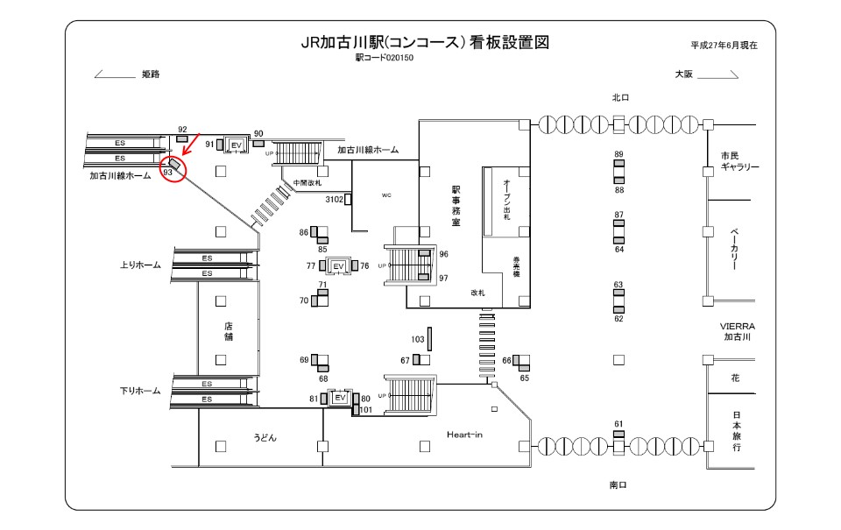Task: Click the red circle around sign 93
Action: [173, 168]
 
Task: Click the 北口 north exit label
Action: [621, 97]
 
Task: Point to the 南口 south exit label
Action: [618, 484]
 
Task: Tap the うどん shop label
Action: [265, 437]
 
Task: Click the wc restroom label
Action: [385, 195]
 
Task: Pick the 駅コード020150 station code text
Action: [384, 58]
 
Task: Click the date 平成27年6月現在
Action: [724, 46]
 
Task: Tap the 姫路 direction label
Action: [150, 74]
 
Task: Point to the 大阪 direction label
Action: [683, 74]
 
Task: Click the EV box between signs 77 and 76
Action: [339, 265]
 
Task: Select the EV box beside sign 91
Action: [235, 145]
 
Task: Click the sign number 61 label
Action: [618, 424]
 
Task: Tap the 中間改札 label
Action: [307, 183]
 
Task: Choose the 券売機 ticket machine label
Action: [517, 265]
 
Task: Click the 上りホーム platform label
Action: [140, 265]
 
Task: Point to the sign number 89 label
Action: [618, 155]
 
